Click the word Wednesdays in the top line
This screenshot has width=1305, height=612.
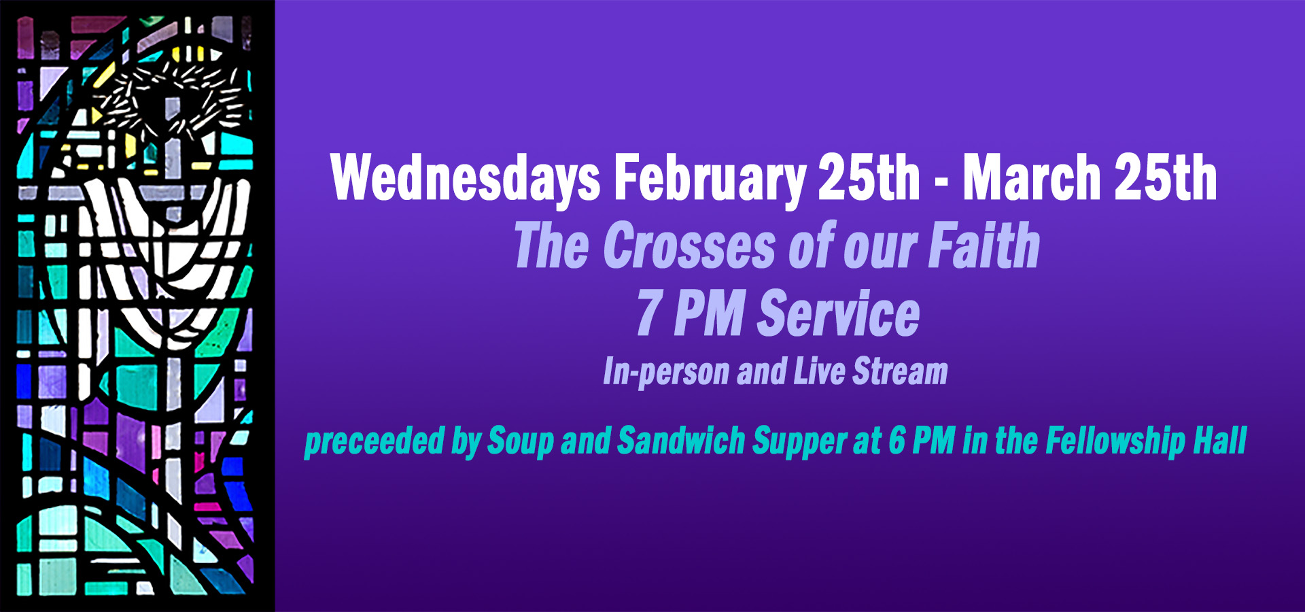[465, 178]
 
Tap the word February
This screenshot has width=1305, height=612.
[709, 178]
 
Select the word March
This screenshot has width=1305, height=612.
[1032, 178]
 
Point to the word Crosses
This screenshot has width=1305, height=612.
[689, 246]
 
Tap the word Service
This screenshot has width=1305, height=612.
[839, 314]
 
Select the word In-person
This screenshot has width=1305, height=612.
[666, 373]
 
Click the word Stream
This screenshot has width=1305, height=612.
[900, 373]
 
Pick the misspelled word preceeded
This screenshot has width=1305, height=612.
[374, 441]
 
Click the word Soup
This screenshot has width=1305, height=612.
[521, 441]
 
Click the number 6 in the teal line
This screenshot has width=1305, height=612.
[897, 441]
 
